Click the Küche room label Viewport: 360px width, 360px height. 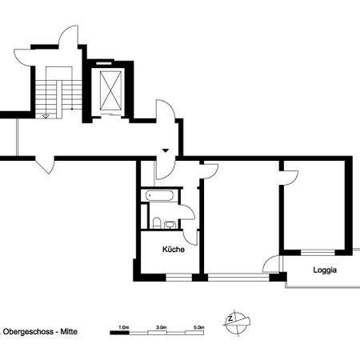pos(174,250)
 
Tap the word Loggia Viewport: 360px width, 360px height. pos(324,270)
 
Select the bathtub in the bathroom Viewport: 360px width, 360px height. pos(159,195)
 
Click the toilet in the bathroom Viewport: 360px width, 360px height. pos(158,222)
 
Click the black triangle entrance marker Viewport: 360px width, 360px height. pos(166,150)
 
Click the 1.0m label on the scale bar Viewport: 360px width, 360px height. pos(123,326)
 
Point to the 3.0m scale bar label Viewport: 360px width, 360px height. pos(161,326)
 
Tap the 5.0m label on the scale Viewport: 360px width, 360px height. pos(199,326)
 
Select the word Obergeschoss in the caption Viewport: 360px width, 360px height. pos(28,330)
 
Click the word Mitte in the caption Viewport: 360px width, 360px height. pos(70,330)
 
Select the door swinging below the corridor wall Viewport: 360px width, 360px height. pos(46,166)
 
